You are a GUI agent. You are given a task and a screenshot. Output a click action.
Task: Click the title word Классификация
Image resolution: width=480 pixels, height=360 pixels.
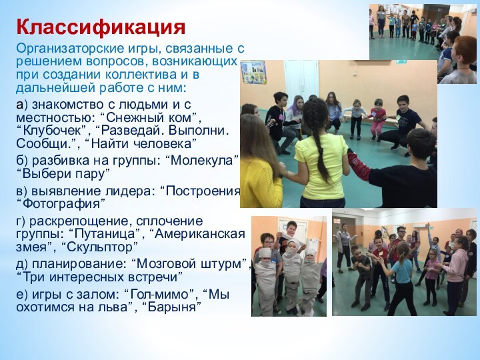click(101, 27)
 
